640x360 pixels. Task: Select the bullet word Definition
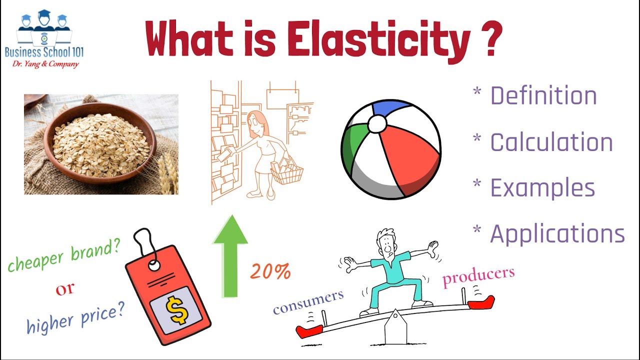click(x=543, y=95)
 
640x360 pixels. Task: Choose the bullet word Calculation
click(x=551, y=142)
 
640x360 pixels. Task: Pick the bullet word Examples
click(x=542, y=188)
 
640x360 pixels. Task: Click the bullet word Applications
click(x=557, y=233)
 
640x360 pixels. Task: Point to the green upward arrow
click(x=230, y=255)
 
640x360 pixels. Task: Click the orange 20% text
click(x=270, y=271)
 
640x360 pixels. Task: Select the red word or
click(x=65, y=289)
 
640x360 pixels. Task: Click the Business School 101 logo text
click(x=44, y=51)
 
